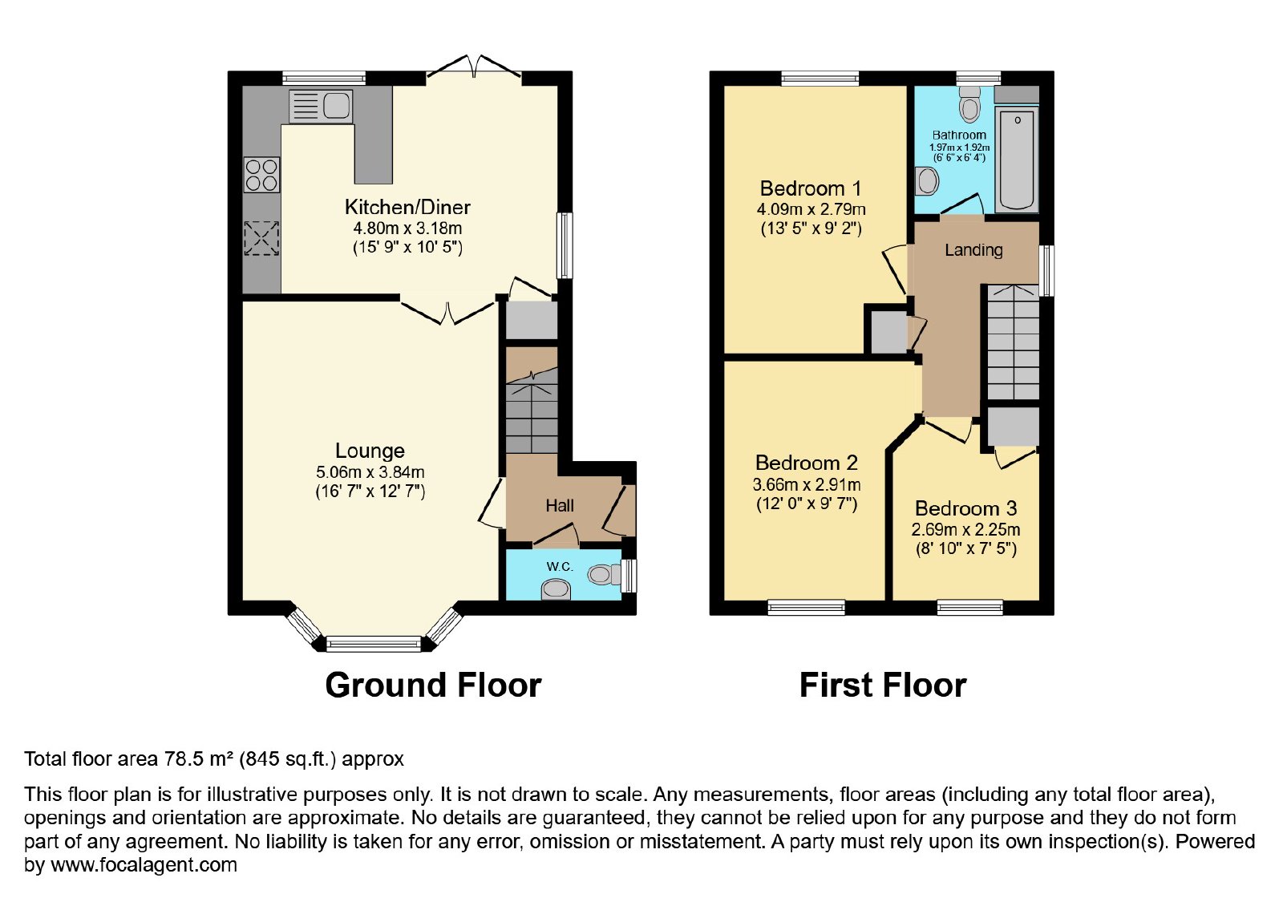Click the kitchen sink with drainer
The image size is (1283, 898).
point(321,106)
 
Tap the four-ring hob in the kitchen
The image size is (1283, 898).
point(261,175)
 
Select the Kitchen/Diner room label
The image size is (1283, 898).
point(407,207)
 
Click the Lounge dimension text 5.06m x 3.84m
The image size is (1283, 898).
point(370,472)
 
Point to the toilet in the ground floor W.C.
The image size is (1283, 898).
point(605,574)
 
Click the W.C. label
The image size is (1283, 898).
point(560,566)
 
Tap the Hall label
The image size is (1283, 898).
point(560,506)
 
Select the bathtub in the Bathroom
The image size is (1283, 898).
point(1018,160)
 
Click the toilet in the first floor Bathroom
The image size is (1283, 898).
point(969,103)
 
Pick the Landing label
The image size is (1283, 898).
point(973,250)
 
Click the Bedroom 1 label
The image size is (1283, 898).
point(811,188)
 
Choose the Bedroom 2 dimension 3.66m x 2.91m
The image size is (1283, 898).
point(807,485)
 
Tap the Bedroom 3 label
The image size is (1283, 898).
point(965,508)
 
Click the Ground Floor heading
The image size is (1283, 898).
point(433,685)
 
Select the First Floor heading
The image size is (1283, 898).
point(883,685)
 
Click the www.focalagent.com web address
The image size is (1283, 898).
point(144,864)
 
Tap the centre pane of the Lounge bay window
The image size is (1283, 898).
point(374,645)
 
